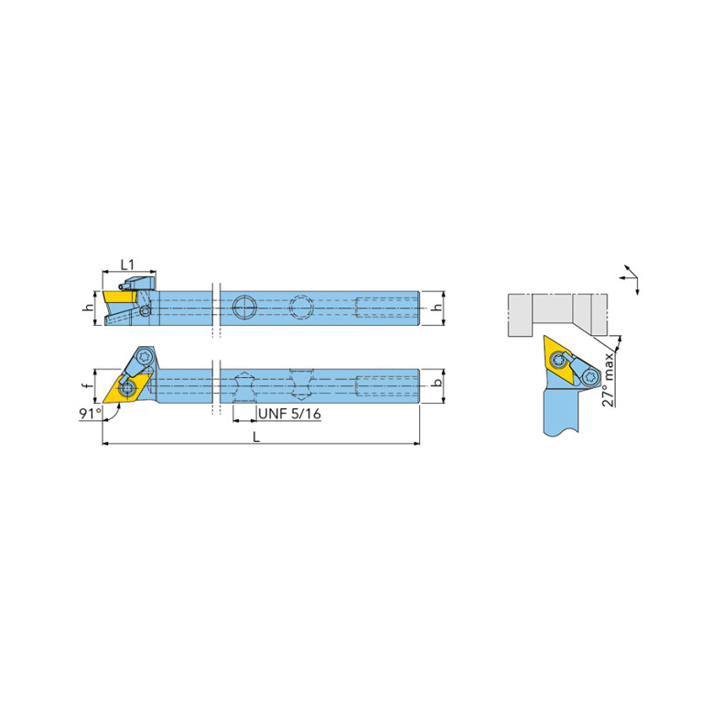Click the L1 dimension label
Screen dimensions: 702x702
pos(127,265)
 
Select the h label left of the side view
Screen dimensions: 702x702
pos(90,308)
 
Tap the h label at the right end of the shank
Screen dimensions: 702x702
pos(437,308)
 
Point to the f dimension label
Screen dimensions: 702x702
pos(90,385)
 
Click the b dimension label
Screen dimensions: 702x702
pos(437,382)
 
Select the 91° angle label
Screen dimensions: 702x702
pos(90,413)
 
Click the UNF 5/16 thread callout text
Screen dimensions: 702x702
pos(289,413)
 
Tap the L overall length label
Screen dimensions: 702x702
pos(255,437)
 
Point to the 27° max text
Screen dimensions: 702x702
pos(608,379)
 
